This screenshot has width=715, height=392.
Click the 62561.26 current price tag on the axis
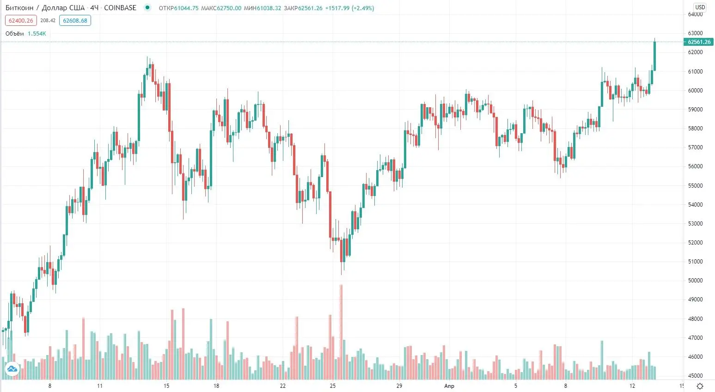click(x=699, y=42)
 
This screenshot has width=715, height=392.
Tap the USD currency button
click(x=700, y=7)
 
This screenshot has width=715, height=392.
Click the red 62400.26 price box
click(x=21, y=21)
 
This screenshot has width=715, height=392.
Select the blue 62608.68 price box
click(x=75, y=21)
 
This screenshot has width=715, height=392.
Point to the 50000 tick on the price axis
click(x=695, y=281)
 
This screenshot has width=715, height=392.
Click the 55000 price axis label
click(x=695, y=186)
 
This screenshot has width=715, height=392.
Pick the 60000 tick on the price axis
click(x=695, y=91)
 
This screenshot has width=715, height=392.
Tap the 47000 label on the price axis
click(x=695, y=338)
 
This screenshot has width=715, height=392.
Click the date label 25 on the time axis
click(x=333, y=386)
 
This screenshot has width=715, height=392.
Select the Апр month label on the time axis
click(x=449, y=386)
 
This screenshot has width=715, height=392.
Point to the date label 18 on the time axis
click(x=216, y=386)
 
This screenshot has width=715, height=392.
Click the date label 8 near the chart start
click(x=50, y=386)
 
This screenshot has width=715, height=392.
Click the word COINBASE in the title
click(x=120, y=8)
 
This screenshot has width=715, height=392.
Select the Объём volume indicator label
click(x=15, y=34)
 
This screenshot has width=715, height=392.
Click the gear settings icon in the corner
click(x=700, y=386)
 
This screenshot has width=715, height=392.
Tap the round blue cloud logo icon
click(x=12, y=369)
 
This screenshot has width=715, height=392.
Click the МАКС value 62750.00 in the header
click(x=229, y=8)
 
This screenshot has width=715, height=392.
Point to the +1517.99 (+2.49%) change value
click(x=349, y=8)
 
